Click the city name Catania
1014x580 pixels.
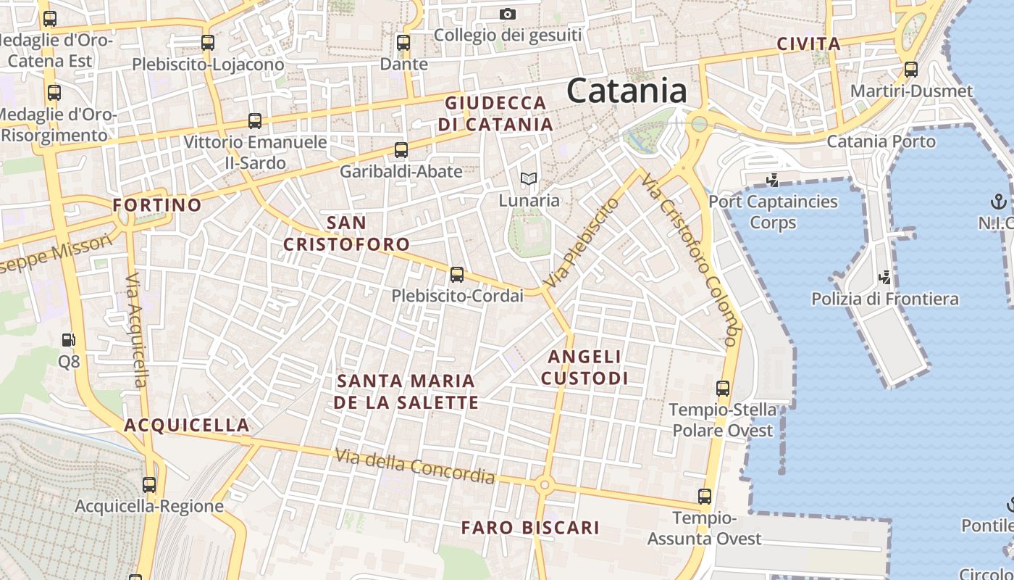pos(627,91)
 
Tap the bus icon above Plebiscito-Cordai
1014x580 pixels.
pos(456,275)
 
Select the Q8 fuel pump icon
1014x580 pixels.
pos(68,339)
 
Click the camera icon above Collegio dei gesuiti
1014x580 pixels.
pos(508,14)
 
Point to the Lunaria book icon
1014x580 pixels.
pos(529,178)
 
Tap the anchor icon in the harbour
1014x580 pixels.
pos(999,201)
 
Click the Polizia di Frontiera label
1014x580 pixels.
pos(884,299)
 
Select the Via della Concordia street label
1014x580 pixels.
pos(415,466)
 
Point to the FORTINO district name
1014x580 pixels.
pos(157,205)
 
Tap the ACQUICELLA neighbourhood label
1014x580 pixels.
pos(187,425)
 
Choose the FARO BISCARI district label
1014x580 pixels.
pos(530,528)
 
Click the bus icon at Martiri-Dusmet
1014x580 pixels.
pos(910,70)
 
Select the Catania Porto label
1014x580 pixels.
pos(881,141)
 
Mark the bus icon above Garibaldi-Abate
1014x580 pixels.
pos(401,150)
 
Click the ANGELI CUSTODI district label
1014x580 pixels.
pos(584,367)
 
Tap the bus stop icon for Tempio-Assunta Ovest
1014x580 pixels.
pos(704,497)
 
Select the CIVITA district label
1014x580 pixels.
pos(808,43)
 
